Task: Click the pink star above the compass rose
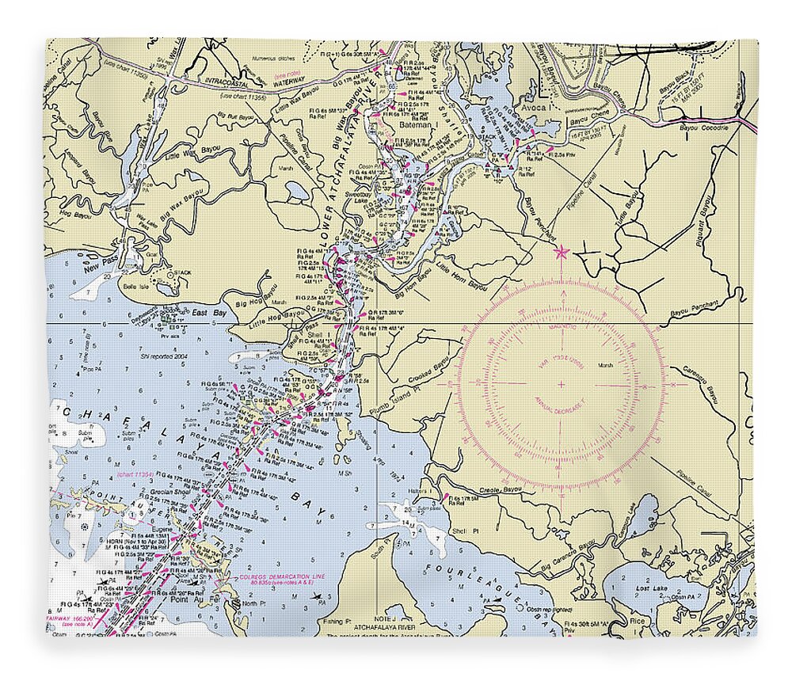(562, 253)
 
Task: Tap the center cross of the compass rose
(562, 384)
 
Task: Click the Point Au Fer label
(200, 603)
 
